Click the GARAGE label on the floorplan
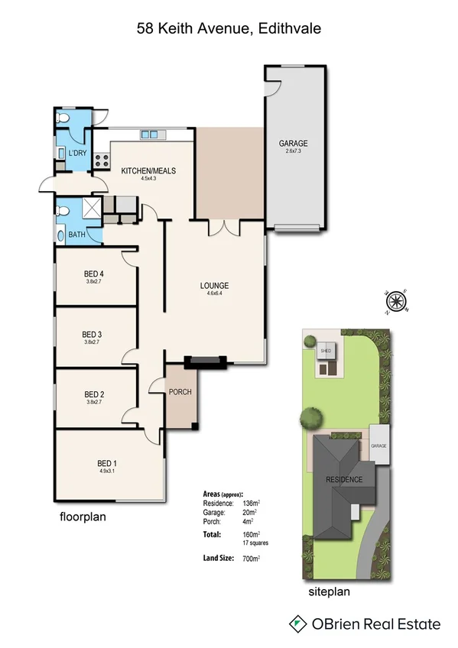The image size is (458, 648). click(x=293, y=143)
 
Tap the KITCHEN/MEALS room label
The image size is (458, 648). click(x=148, y=171)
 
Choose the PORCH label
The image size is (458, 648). click(x=181, y=392)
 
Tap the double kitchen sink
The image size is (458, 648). click(x=150, y=135)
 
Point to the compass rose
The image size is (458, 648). click(x=397, y=302)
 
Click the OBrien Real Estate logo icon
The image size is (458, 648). click(x=296, y=624)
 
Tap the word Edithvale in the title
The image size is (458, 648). click(x=290, y=28)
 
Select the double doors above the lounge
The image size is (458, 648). click(x=224, y=227)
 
